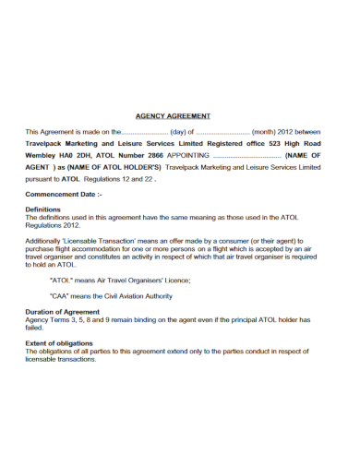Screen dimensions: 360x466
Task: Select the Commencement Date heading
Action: (x=63, y=195)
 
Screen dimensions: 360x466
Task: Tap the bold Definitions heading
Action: (x=43, y=209)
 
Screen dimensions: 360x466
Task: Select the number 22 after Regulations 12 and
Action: (x=149, y=179)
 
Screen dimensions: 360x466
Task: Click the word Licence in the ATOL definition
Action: (x=174, y=279)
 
